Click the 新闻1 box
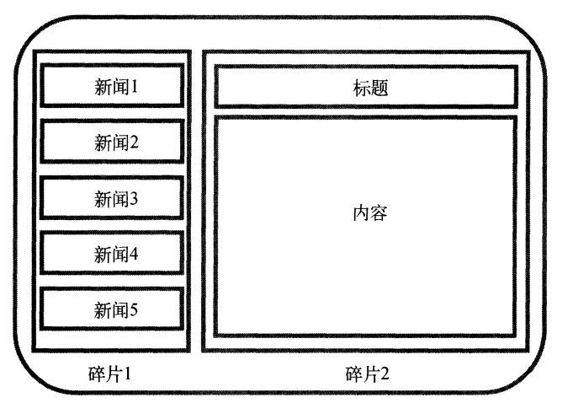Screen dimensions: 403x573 tap(111, 86)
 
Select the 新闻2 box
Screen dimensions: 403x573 tap(111, 142)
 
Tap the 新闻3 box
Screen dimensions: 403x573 tap(111, 199)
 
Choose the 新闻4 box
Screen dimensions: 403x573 tap(111, 254)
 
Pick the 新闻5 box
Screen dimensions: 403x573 tap(111, 309)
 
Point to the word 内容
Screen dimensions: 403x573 tap(369, 212)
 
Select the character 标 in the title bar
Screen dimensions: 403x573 tap(361, 88)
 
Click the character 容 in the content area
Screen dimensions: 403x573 tap(379, 212)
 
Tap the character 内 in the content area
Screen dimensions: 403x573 tap(360, 212)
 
